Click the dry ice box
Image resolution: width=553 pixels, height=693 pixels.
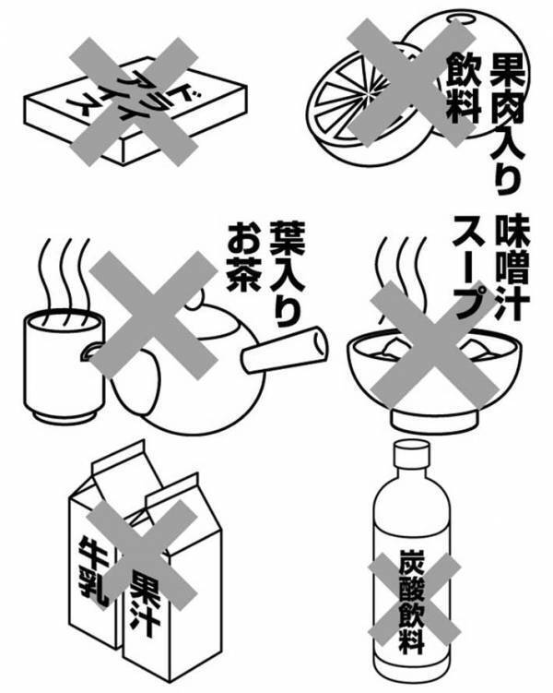point(138,111)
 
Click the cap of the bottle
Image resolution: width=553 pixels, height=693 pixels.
point(411,452)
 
